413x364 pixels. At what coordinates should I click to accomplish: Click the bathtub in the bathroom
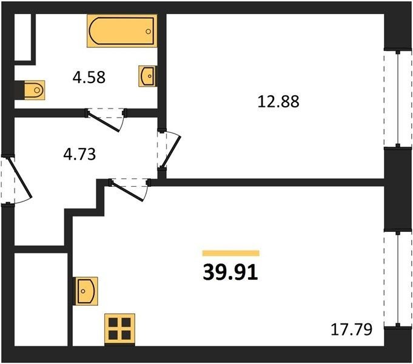122,31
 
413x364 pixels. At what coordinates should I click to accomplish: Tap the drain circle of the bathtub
149,32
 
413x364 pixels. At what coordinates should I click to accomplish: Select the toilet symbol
35,90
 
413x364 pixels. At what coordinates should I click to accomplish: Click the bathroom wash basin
147,76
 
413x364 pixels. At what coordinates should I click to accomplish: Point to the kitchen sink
86,291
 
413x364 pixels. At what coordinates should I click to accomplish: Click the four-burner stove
119,329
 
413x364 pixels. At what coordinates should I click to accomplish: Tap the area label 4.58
89,78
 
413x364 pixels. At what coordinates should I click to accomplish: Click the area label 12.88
278,102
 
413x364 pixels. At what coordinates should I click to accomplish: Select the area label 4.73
79,154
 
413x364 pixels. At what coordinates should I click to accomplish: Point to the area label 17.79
351,329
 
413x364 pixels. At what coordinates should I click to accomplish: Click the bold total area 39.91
230,272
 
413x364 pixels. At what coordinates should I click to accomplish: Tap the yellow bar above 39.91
230,253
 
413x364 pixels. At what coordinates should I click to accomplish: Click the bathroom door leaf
104,121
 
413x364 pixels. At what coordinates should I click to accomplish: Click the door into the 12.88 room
171,152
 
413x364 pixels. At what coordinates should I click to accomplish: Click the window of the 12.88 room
398,99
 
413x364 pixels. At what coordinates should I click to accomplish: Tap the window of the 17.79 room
398,279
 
